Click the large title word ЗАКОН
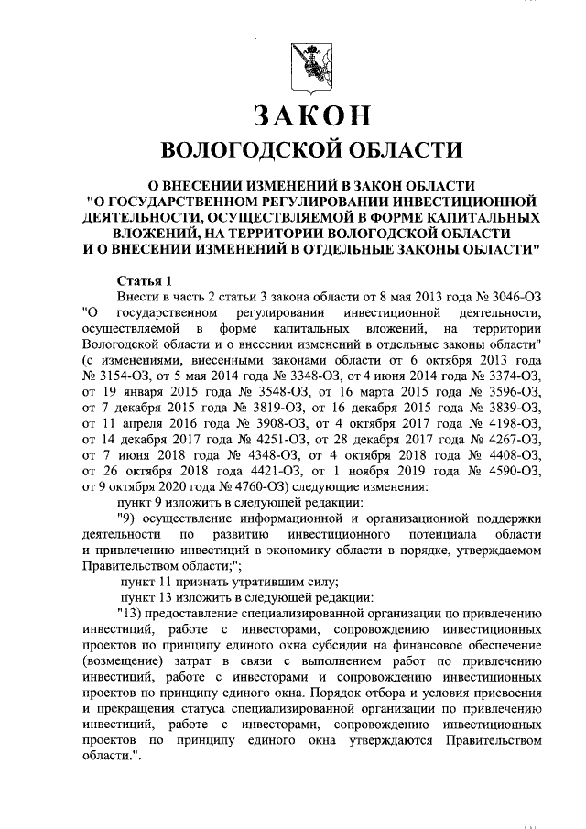[310, 116]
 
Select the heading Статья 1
[144, 279]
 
